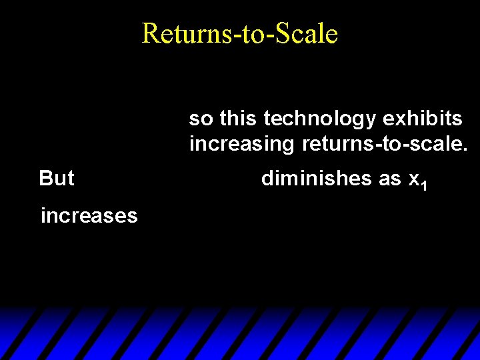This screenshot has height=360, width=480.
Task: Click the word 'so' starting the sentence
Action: (201, 119)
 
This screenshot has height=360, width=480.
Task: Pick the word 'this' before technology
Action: (238, 119)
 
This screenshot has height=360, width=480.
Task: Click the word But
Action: (57, 178)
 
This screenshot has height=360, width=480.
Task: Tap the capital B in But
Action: (45, 178)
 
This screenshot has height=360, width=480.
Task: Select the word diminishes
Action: (316, 178)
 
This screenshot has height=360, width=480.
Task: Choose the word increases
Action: (89, 215)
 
